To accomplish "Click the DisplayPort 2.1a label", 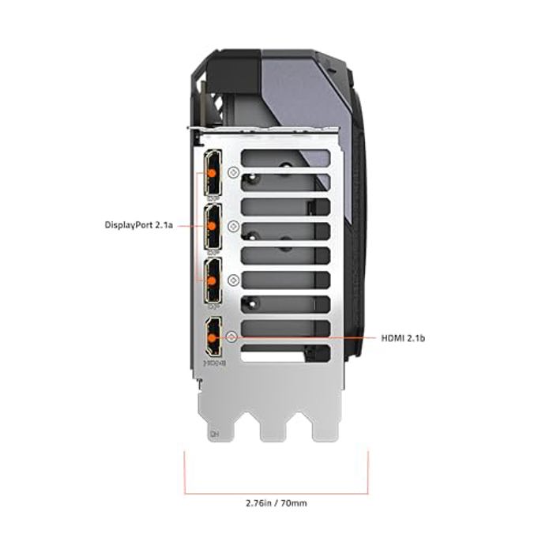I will (x=138, y=224).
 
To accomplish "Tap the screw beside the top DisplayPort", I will (x=232, y=171).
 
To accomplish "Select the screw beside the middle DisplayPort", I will (x=232, y=226).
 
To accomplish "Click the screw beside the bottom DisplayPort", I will (x=232, y=280).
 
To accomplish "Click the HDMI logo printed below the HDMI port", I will (x=213, y=363).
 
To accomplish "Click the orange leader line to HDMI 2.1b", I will (x=308, y=337).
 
